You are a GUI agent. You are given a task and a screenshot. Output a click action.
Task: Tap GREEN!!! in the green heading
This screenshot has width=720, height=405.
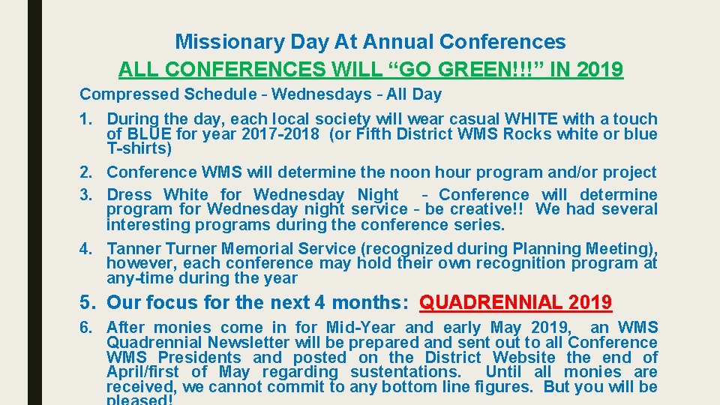[471, 70]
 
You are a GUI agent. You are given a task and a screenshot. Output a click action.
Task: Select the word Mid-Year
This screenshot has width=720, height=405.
[362, 327]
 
